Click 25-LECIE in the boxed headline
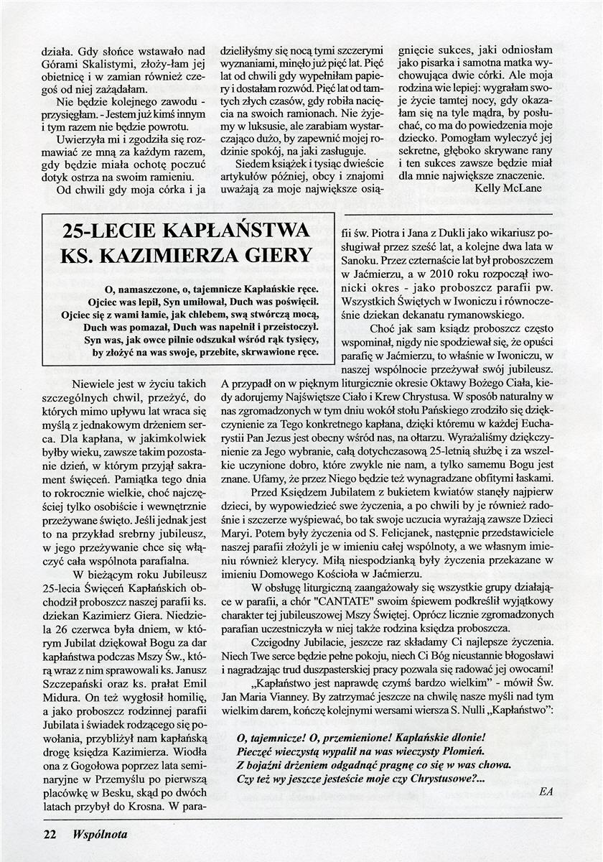(x=113, y=231)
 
